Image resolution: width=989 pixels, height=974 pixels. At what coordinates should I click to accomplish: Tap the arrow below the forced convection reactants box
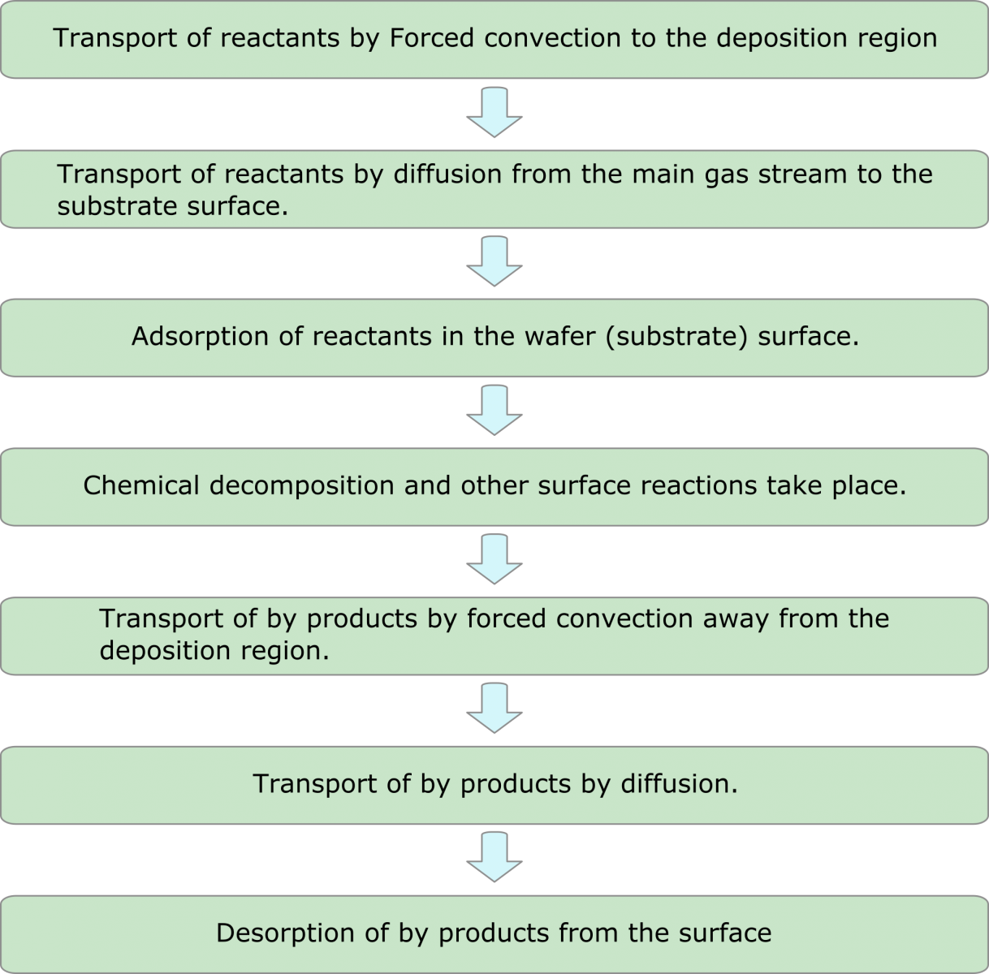point(494,112)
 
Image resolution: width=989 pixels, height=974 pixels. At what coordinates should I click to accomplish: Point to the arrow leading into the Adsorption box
point(494,261)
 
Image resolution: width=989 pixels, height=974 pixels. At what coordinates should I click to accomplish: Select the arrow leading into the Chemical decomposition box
point(494,410)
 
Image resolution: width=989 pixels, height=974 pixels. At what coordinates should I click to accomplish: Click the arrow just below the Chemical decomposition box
point(494,559)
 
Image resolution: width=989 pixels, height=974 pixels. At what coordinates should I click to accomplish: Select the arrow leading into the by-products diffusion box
point(494,708)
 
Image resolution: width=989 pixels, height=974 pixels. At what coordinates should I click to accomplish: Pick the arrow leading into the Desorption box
point(494,857)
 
